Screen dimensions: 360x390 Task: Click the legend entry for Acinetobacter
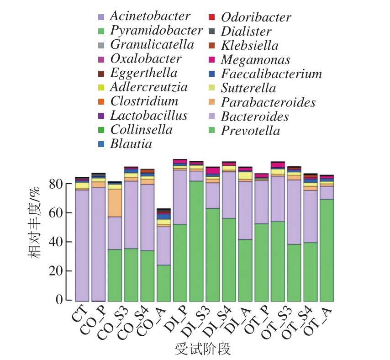click(150, 16)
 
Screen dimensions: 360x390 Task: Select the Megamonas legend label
click(255, 60)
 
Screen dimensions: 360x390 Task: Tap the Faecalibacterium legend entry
click(271, 74)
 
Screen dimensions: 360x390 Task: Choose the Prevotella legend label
click(250, 131)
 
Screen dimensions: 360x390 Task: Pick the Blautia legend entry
click(132, 144)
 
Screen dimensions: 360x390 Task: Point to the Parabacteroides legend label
click(268, 102)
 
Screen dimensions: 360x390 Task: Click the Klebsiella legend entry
click(249, 46)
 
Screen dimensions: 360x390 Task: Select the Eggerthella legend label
click(143, 73)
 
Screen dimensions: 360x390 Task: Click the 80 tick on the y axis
click(57, 184)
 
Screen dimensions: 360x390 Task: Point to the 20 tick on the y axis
click(57, 271)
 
